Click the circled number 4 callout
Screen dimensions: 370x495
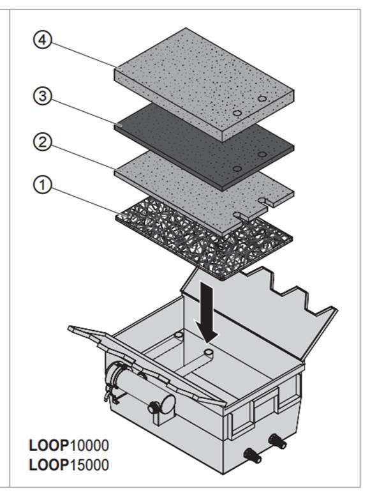tap(43, 41)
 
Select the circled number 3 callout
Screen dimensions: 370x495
tap(43, 96)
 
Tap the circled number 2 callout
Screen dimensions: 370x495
tap(43, 142)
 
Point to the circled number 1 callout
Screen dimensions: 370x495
tap(43, 185)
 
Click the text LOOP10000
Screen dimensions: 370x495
tap(69, 445)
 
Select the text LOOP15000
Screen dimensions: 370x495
tap(69, 465)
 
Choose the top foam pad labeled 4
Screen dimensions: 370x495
tap(204, 84)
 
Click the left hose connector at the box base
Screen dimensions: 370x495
tap(253, 456)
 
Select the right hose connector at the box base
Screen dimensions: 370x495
tap(277, 441)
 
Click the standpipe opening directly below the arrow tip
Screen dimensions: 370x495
tap(209, 352)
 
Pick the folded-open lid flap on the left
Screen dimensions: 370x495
tap(145, 363)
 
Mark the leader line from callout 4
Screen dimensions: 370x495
tap(84, 54)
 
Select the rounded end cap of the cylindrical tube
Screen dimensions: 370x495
tap(167, 404)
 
